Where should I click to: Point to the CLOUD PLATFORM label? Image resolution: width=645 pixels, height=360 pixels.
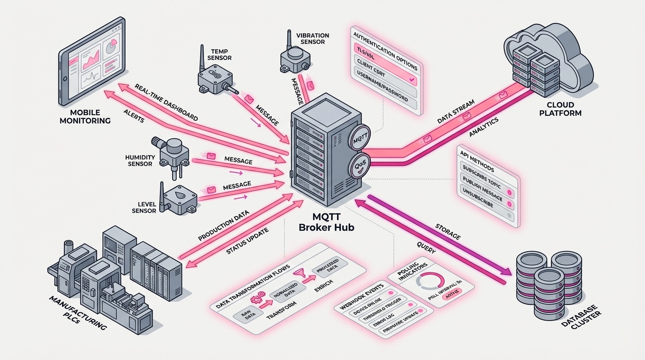560,109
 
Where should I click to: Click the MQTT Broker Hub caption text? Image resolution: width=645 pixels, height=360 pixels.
327,222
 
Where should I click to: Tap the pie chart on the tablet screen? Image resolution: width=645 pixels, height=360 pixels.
111,47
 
